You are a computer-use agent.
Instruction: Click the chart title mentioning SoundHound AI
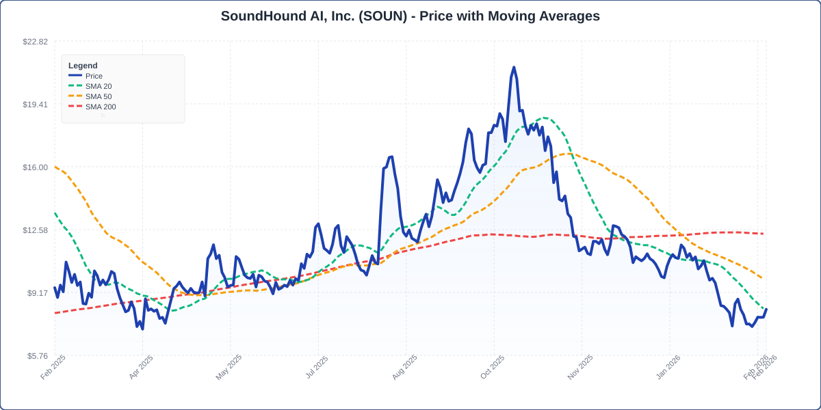410,16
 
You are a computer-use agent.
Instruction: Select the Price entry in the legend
94,76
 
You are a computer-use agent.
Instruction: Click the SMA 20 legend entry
98,86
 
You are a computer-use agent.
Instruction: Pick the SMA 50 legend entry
98,96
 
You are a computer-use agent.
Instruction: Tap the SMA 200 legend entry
100,107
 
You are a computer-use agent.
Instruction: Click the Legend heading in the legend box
83,66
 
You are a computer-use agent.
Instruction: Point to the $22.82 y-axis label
35,42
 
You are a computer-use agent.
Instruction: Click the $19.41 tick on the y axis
35,105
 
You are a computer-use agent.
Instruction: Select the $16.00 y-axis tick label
35,167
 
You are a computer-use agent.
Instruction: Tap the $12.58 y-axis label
35,230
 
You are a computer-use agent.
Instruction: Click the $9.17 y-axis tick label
37,293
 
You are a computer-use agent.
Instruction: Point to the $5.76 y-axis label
37,356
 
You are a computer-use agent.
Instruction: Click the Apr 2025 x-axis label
142,368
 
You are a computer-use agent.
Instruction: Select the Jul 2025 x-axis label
317,368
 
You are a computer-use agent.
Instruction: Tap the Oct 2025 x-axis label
492,368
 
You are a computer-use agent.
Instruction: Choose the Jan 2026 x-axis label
668,368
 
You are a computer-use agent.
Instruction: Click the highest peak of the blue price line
514,67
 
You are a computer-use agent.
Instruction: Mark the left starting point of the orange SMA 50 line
55,167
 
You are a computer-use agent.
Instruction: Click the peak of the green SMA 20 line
543,118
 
